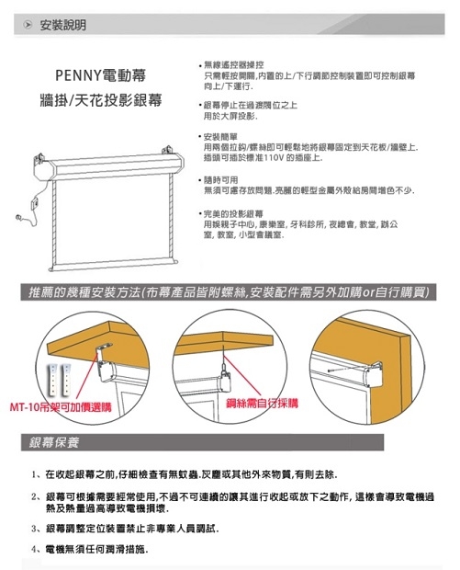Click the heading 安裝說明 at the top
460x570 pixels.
coord(63,27)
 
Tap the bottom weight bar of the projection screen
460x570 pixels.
coord(113,267)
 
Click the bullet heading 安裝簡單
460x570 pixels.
coord(220,137)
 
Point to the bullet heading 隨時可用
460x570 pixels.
coord(220,180)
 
